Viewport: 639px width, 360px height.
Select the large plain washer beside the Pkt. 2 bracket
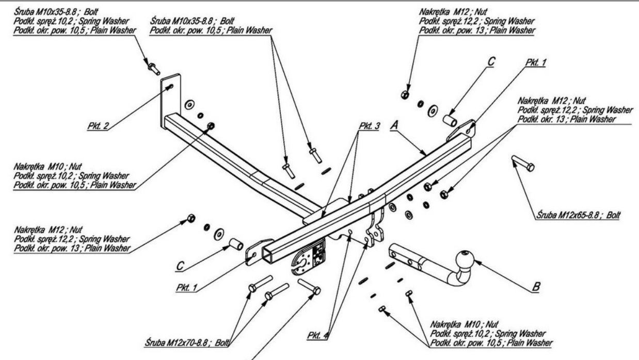[x=188, y=104]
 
